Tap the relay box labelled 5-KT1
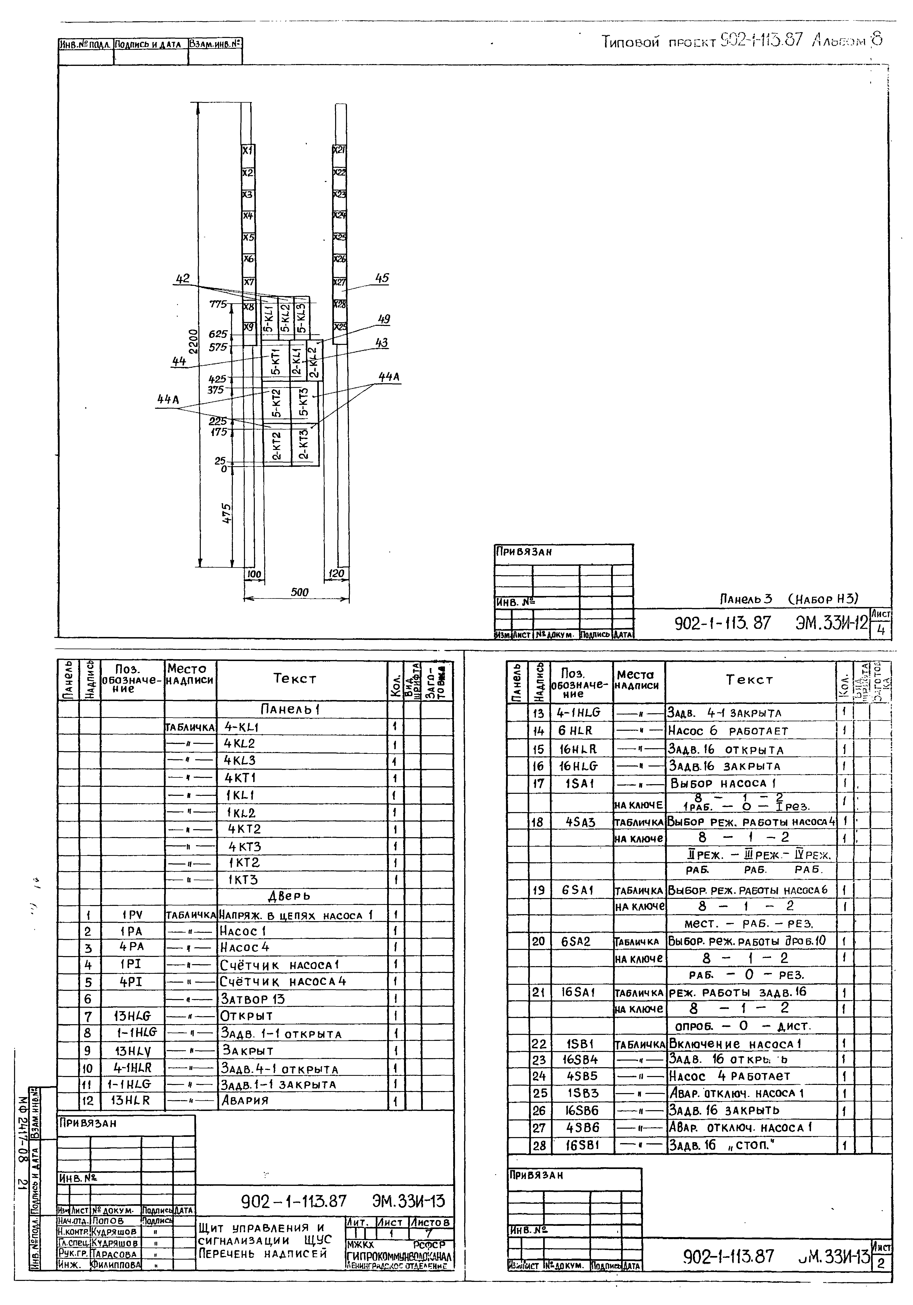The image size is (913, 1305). point(275,362)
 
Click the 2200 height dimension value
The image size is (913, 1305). point(194,341)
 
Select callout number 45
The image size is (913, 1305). point(382,279)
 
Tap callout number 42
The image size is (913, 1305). point(183,279)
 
